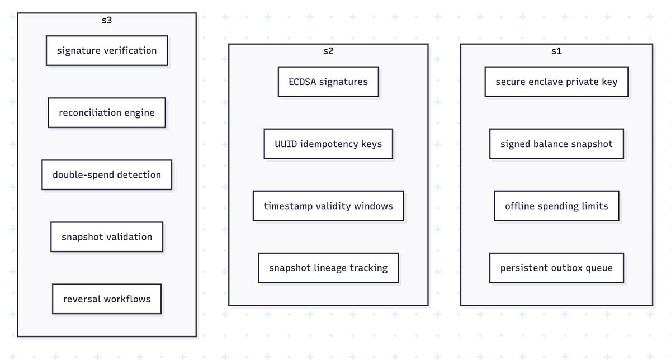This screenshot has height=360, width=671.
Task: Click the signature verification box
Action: pos(107,51)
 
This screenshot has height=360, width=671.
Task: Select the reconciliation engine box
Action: pos(107,112)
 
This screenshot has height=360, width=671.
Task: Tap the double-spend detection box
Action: pos(107,174)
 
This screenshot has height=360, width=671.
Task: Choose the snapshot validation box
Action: pos(107,237)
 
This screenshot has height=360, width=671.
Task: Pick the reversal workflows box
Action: pos(107,299)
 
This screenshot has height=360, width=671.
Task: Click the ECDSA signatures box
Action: pos(328,82)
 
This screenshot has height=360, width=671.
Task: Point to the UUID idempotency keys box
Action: pos(328,144)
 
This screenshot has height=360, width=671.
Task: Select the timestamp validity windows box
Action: pos(328,206)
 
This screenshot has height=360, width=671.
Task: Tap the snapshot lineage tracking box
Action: pos(328,268)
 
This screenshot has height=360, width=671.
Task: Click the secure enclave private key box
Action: pos(556,82)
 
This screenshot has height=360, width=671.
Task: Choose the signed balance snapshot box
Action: pos(556,144)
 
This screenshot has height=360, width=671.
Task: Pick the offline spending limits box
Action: pos(556,206)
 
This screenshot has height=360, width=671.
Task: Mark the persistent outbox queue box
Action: pos(556,268)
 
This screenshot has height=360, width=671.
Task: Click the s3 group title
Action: pos(107,20)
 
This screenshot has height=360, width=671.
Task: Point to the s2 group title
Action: pos(328,51)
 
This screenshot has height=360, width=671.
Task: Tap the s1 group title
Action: pos(556,51)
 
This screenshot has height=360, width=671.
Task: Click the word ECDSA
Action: pos(303,82)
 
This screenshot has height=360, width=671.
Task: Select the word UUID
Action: pos(286,144)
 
